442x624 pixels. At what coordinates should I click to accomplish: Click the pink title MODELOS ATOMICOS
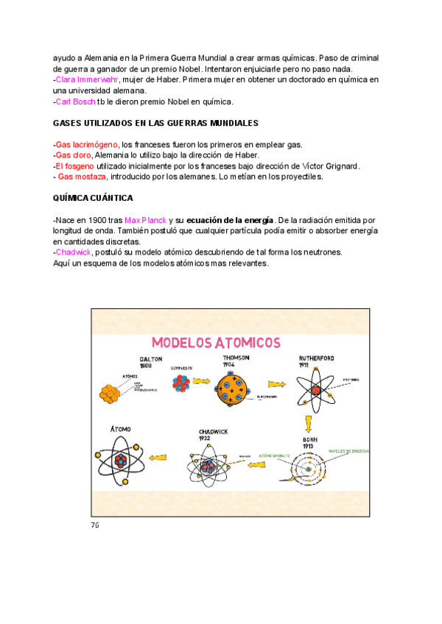pyautogui.click(x=216, y=342)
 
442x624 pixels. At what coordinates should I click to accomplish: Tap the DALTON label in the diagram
pyautogui.click(x=150, y=359)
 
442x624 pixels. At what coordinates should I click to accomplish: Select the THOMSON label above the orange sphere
pyautogui.click(x=236, y=357)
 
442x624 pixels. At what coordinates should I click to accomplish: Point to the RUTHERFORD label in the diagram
pyautogui.click(x=317, y=358)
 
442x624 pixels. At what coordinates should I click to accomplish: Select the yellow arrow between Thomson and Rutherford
pyautogui.click(x=276, y=384)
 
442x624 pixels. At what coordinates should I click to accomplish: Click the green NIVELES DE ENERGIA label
pyautogui.click(x=349, y=450)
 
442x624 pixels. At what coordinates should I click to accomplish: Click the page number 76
pyautogui.click(x=95, y=525)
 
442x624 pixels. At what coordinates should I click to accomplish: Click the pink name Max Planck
pyautogui.click(x=145, y=220)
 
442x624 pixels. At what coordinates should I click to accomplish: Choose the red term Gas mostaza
pyautogui.click(x=82, y=177)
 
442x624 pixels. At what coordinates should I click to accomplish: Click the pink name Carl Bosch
pyautogui.click(x=75, y=101)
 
